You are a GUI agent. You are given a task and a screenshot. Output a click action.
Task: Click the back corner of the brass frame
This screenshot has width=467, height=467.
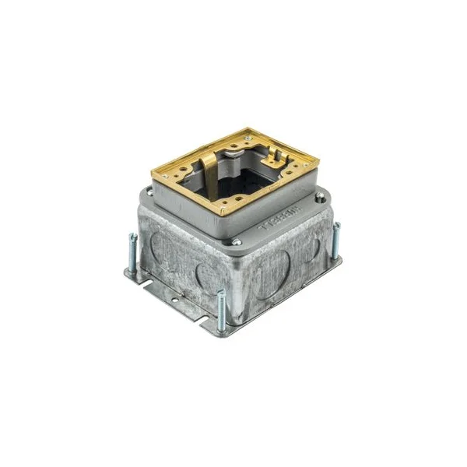coord(248,132)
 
